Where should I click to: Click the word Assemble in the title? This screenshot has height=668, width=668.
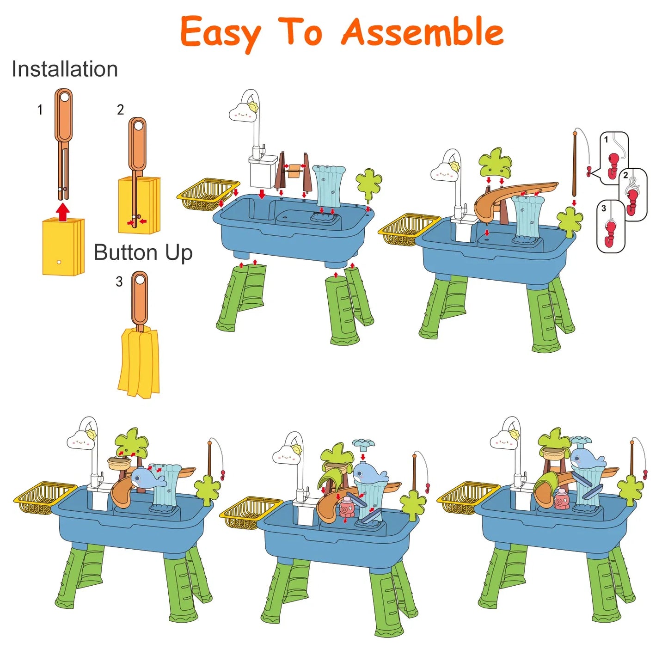tap(423, 32)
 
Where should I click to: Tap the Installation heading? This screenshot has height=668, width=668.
tap(65, 69)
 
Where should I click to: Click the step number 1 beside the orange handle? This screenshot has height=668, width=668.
tap(40, 110)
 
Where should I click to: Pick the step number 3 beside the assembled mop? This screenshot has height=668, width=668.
tap(119, 282)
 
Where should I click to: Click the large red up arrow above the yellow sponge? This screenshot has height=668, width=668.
tap(63, 212)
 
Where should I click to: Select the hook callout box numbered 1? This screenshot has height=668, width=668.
tap(614, 158)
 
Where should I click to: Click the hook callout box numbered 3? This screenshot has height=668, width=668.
tap(611, 227)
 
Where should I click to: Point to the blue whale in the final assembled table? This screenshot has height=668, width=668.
tap(586, 460)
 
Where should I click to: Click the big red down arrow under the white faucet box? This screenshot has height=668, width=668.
tap(263, 194)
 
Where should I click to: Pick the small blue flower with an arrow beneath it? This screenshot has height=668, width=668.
tap(363, 442)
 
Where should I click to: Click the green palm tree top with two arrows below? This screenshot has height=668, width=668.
tap(495, 161)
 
